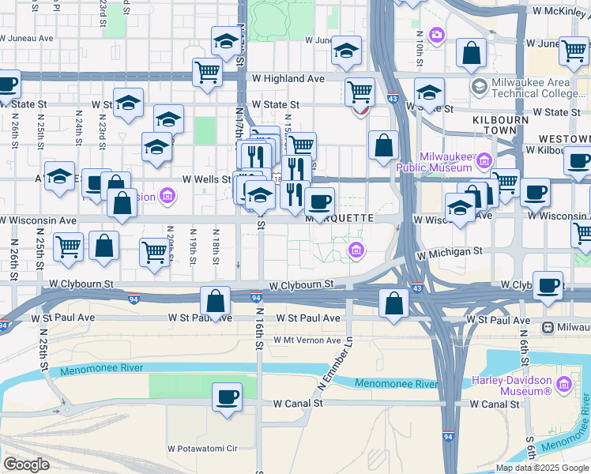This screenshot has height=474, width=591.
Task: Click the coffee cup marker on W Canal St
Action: pyautogui.click(x=227, y=397)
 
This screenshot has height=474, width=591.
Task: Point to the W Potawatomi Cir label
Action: pyautogui.click(x=201, y=449)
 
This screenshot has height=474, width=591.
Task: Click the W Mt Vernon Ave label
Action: pyautogui.click(x=307, y=340)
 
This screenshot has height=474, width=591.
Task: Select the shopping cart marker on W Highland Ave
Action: pyautogui.click(x=207, y=72)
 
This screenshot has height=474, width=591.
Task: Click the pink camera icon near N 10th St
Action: pyautogui.click(x=436, y=36)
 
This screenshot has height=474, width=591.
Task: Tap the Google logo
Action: pyautogui.click(x=26, y=464)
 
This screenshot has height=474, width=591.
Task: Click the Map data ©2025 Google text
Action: pyautogui.click(x=542, y=468)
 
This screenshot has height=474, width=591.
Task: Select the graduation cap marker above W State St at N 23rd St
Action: pyautogui.click(x=128, y=103)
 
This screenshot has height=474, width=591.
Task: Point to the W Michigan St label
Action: pyautogui.click(x=450, y=251)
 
